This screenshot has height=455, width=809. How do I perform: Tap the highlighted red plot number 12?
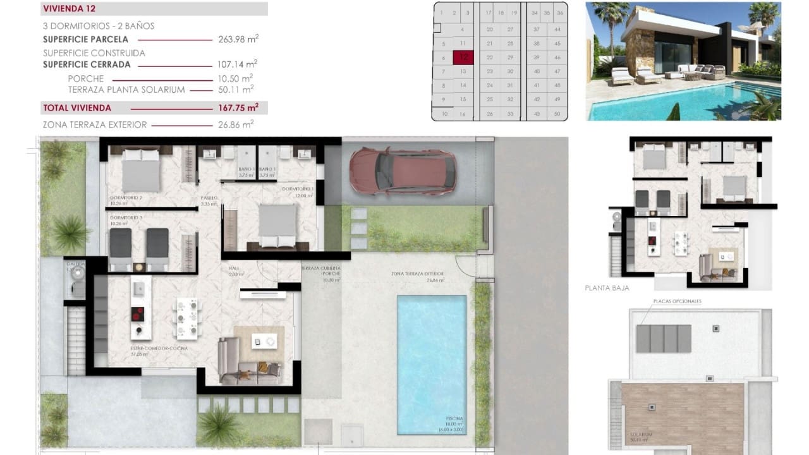click(x=463, y=57)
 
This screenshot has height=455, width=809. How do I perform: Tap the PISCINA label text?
click(x=454, y=419)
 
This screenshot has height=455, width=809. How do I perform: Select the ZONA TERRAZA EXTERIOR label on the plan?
click(x=417, y=274)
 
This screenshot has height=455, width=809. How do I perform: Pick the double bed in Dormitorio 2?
click(x=140, y=169)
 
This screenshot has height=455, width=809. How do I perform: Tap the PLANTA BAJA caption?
click(x=607, y=288)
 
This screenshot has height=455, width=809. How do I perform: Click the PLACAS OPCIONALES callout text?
click(x=677, y=301)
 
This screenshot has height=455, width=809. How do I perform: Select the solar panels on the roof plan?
click(x=664, y=339)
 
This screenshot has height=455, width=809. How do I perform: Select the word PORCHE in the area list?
click(x=85, y=78)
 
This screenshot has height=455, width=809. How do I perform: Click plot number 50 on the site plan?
click(x=557, y=114)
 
